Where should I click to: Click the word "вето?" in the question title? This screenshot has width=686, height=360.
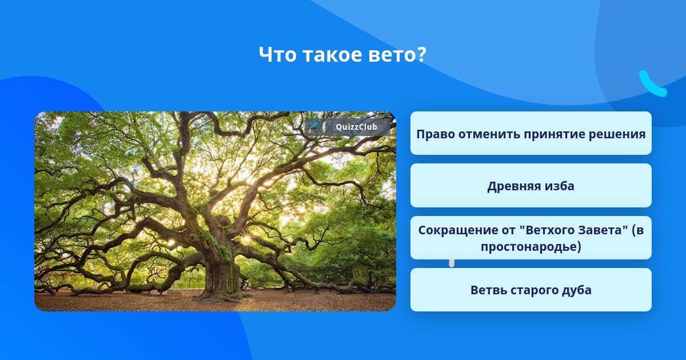(x=397, y=54)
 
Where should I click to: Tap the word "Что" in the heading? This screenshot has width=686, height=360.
(x=277, y=54)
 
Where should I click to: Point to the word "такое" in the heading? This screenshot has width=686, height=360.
(x=332, y=54)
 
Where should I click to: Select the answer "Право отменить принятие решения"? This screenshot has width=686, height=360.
(x=531, y=133)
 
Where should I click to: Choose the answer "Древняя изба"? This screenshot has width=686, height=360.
(x=531, y=186)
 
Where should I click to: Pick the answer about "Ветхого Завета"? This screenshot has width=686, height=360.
(x=531, y=238)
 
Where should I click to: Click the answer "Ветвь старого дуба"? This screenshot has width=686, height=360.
(x=531, y=290)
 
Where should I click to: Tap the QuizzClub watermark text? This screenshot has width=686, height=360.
(x=356, y=127)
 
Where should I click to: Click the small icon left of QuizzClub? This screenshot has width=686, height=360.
(x=313, y=127)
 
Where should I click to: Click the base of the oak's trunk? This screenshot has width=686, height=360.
(x=221, y=293)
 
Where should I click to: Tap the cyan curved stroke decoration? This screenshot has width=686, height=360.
(x=652, y=84)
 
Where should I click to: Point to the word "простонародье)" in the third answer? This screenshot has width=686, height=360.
(x=531, y=247)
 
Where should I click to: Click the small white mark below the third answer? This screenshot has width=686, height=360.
(x=452, y=263)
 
